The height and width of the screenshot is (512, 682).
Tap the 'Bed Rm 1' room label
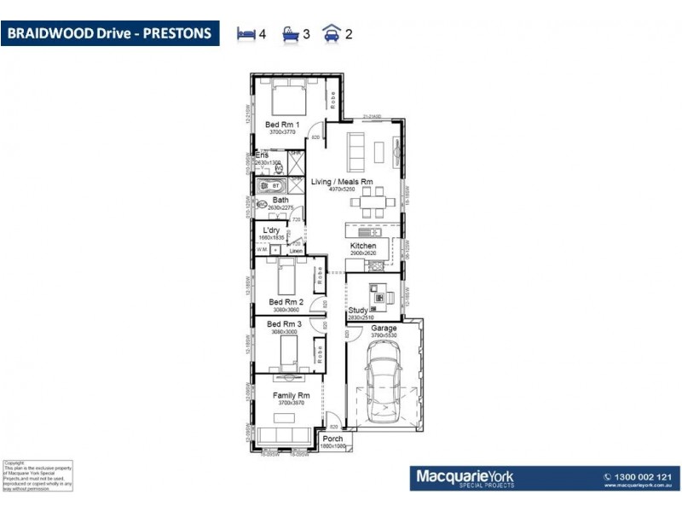point(280,125)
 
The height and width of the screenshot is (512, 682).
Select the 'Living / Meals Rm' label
point(342,182)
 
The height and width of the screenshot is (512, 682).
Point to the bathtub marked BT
point(272,185)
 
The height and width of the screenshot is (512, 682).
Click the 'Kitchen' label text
point(363,246)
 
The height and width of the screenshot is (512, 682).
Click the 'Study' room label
point(358,311)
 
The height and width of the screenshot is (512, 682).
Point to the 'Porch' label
point(333,439)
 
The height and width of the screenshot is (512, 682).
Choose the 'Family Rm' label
point(290,395)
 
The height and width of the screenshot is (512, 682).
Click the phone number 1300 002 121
point(636,476)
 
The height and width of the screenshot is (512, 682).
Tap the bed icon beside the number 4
point(246,34)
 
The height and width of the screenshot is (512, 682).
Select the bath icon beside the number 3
point(290,34)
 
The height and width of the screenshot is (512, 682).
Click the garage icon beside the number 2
point(331,34)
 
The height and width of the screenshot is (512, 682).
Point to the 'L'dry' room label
point(272,230)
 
